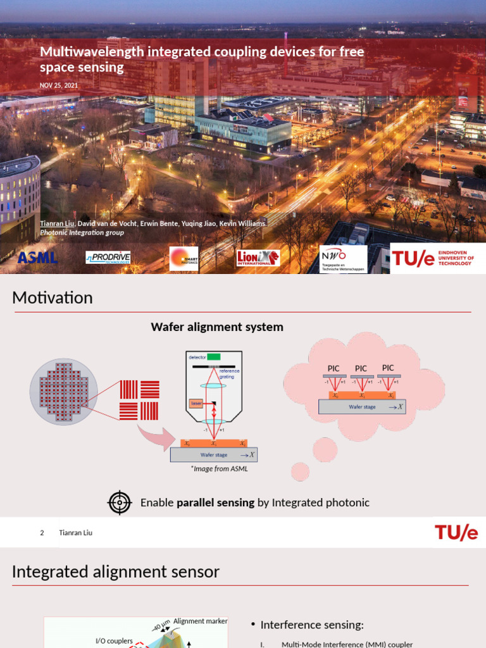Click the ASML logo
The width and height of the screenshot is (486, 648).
tap(37, 258)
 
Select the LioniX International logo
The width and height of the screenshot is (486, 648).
tap(258, 258)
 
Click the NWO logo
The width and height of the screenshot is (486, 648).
tap(343, 258)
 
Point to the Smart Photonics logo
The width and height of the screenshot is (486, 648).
tap(184, 258)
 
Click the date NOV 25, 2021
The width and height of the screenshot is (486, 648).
tap(59, 85)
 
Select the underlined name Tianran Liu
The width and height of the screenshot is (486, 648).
tap(58, 224)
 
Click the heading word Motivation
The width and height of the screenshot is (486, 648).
tap(53, 297)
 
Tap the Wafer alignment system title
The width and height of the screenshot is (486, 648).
tap(217, 327)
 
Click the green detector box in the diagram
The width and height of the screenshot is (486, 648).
tap(213, 357)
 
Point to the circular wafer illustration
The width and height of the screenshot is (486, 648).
tap(64, 392)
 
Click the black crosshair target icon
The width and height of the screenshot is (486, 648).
tap(119, 502)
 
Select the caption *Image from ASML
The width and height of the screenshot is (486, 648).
tap(219, 469)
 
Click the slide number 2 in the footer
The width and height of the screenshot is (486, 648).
tap(42, 533)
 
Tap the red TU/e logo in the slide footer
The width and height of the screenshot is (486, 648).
tap(456, 533)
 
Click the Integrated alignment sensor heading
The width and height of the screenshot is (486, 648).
tap(116, 572)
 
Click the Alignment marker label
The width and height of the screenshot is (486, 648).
tap(200, 621)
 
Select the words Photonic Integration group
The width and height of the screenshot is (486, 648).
tap(82, 232)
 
